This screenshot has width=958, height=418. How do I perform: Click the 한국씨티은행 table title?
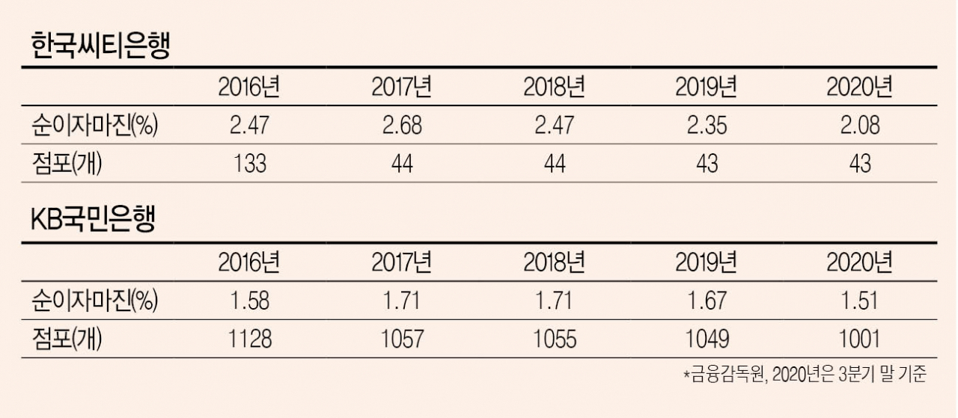click(101, 46)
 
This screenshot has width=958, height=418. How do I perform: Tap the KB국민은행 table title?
click(93, 219)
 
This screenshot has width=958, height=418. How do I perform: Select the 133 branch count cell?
click(250, 164)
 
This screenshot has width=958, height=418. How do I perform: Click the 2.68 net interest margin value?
click(402, 125)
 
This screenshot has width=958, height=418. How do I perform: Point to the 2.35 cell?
click(707, 125)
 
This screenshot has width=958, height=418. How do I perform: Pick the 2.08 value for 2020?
click(860, 125)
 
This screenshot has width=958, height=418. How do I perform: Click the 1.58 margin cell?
click(250, 301)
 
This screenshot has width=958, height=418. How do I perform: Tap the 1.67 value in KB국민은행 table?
click(707, 301)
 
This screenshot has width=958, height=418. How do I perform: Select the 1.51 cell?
click(860, 301)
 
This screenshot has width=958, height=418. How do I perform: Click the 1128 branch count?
click(250, 339)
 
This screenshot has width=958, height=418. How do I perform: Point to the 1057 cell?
click(402, 339)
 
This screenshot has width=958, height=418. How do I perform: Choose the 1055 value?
click(555, 339)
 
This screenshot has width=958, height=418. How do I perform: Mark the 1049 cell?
click(707, 339)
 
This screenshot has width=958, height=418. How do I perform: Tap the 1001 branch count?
click(860, 339)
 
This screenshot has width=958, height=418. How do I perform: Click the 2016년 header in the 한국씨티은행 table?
click(249, 87)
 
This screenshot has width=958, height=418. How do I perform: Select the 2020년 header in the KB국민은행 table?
click(860, 262)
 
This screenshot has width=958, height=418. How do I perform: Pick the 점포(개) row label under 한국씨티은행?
click(67, 164)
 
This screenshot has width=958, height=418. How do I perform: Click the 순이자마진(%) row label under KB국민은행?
click(94, 301)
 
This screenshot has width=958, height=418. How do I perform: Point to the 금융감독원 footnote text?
click(726, 374)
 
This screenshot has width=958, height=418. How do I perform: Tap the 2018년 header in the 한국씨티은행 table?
click(555, 87)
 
